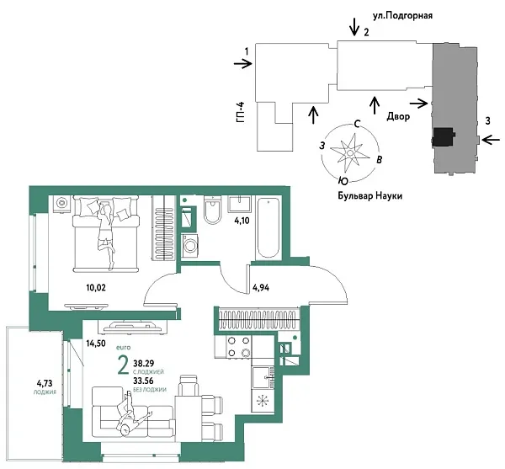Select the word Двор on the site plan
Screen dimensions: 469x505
tap(398, 117)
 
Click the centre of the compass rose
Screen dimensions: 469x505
tap(346, 152)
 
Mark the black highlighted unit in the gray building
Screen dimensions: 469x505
tap(442, 136)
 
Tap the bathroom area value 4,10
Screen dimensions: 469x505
tap(241, 221)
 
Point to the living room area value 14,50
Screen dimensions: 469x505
tap(95, 343)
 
